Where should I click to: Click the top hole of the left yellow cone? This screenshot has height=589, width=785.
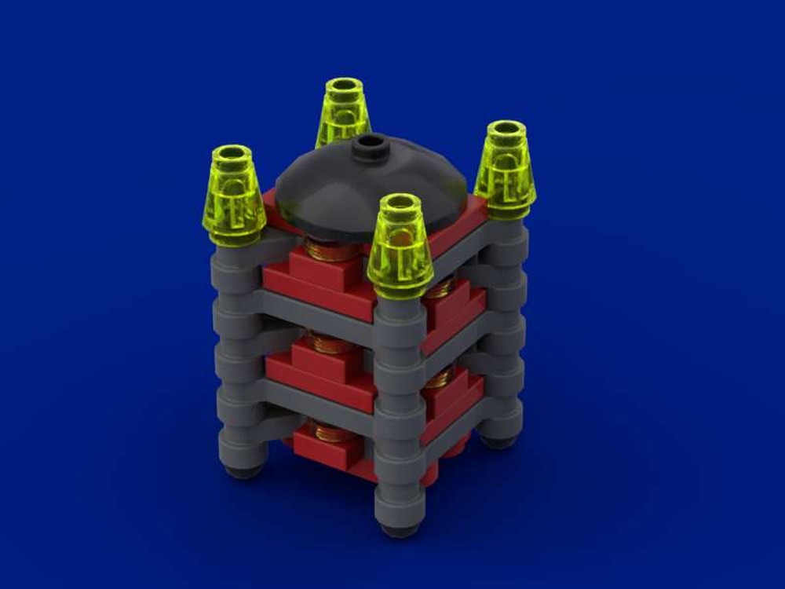click(231, 152)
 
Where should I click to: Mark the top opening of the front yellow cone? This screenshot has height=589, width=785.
click(399, 203)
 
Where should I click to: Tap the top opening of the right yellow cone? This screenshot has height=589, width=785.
click(505, 129)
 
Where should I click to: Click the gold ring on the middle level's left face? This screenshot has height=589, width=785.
click(330, 341)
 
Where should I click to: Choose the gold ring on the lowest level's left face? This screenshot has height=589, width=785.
click(330, 430)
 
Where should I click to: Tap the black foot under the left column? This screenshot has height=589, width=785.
click(244, 471)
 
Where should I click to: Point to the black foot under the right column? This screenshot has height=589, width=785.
click(499, 441)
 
